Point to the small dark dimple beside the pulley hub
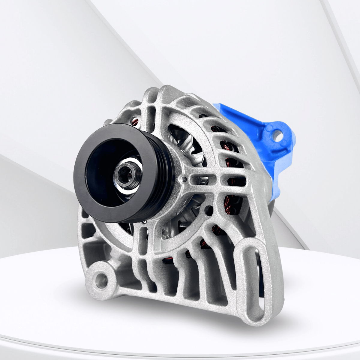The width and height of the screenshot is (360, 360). click(184, 180)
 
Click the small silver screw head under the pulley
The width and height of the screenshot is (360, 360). click(145, 221)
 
